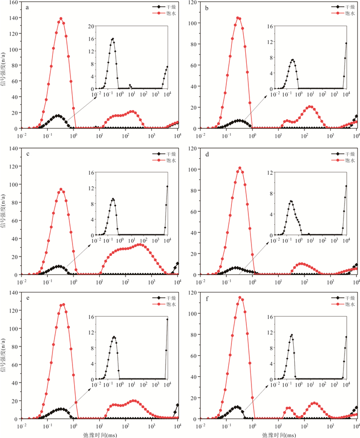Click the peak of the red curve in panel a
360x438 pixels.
(x=61, y=19)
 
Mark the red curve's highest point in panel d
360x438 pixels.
(x=240, y=168)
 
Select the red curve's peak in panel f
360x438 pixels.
(x=240, y=297)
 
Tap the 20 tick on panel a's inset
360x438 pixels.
(x=91, y=26)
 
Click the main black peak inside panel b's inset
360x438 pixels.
(x=292, y=60)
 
